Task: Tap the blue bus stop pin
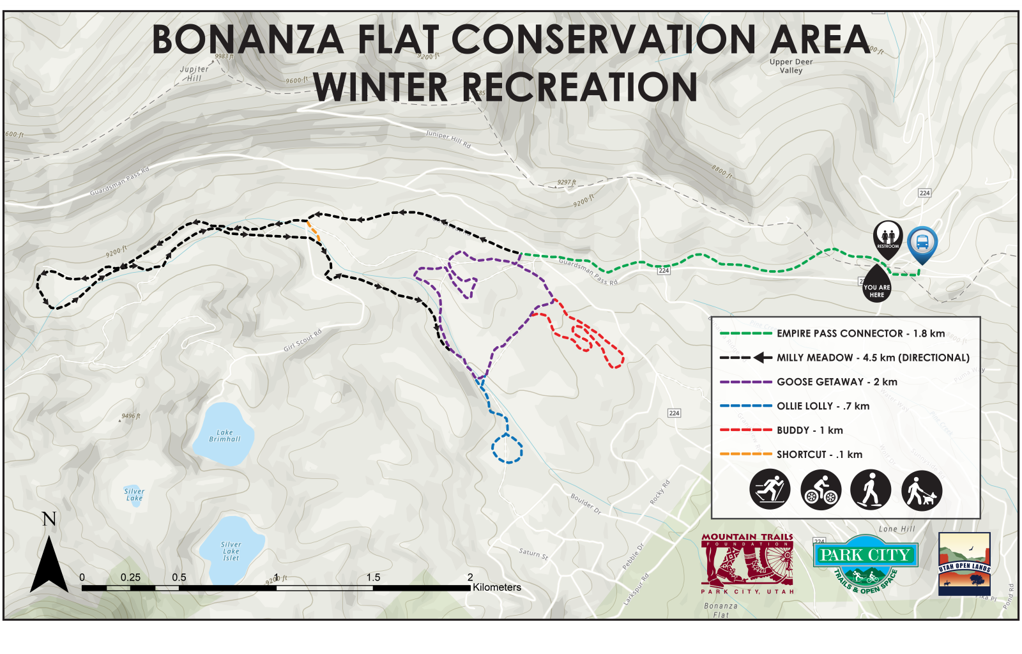pyautogui.click(x=922, y=243)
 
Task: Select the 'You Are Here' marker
pyautogui.click(x=876, y=289)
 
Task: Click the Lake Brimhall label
pyautogui.click(x=225, y=436)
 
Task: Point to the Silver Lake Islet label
pyautogui.click(x=231, y=551)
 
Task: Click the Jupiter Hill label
pyautogui.click(x=194, y=73)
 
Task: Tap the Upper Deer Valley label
pyautogui.click(x=791, y=66)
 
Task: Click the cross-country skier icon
pyautogui.click(x=770, y=489)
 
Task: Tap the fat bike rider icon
pyautogui.click(x=821, y=489)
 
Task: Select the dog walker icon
pyautogui.click(x=922, y=489)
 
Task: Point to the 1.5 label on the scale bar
pyautogui.click(x=373, y=577)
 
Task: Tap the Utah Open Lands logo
pyautogui.click(x=964, y=563)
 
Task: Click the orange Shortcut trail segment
pyautogui.click(x=314, y=231)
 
